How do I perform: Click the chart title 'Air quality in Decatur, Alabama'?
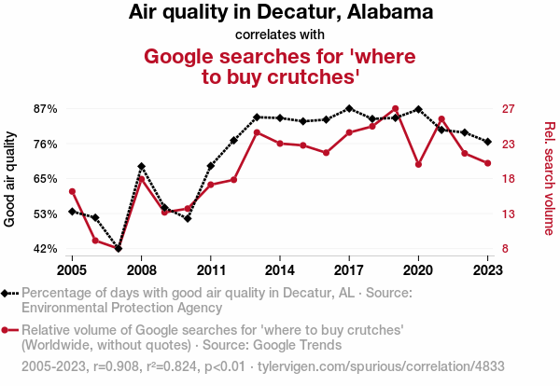coord(280,13)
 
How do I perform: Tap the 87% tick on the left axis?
coord(46,109)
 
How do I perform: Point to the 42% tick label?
coord(46,249)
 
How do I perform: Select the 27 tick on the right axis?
coord(509,109)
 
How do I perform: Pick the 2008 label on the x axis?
coord(142,269)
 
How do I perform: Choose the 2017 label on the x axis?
coord(349,269)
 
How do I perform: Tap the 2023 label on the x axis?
coord(487,269)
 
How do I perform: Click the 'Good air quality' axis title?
coord(10,179)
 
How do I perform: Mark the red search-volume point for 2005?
coord(73,192)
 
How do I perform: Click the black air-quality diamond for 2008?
coord(142,167)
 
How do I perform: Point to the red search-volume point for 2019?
coord(396,109)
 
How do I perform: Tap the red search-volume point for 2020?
coord(418,165)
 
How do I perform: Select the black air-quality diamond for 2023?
coord(487,142)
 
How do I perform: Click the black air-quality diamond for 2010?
coord(188,218)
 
